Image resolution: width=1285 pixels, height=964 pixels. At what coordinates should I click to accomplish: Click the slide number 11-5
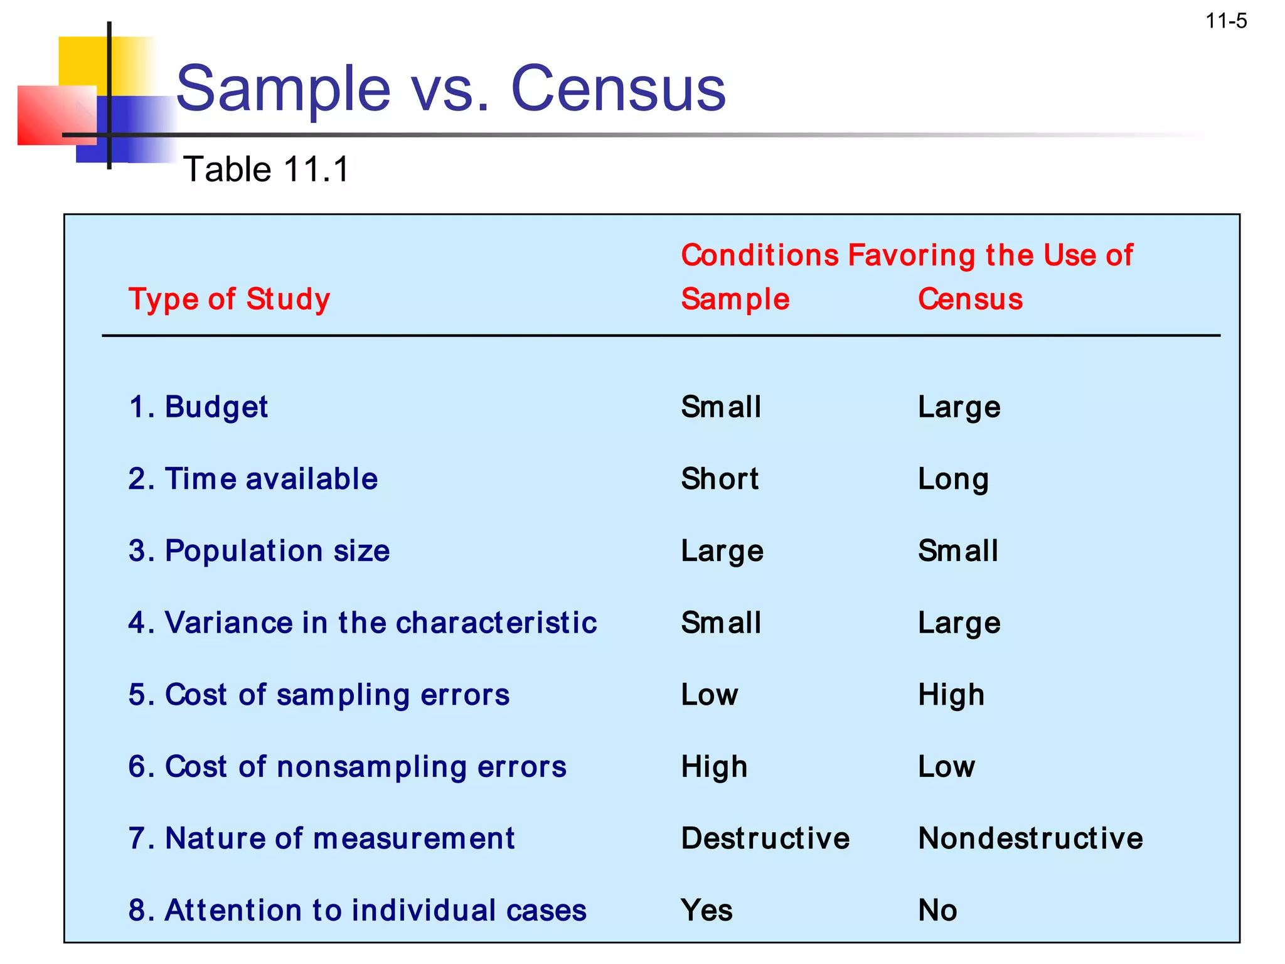(x=1226, y=21)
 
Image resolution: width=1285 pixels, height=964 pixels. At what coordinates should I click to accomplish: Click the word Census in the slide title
(x=618, y=89)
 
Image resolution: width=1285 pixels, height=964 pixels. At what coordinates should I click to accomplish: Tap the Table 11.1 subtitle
(x=265, y=169)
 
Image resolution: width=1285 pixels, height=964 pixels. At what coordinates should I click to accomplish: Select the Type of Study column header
(x=229, y=299)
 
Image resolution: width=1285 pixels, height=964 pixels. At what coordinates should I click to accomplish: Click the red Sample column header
(x=735, y=299)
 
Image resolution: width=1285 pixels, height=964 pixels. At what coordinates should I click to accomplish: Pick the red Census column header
(x=970, y=299)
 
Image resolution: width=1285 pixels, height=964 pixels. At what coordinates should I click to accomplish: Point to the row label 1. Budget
(x=198, y=407)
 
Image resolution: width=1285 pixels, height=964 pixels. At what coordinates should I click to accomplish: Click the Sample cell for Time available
(x=720, y=479)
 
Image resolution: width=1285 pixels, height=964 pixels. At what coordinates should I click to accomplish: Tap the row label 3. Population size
(x=259, y=551)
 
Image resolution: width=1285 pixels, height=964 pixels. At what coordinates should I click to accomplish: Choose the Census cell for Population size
(x=957, y=551)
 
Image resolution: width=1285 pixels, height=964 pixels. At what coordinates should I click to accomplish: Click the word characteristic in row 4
(x=496, y=623)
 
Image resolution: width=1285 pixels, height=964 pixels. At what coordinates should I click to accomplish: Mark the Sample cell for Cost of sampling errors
(x=710, y=695)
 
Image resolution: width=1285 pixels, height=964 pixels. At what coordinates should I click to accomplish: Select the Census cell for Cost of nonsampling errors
(x=946, y=766)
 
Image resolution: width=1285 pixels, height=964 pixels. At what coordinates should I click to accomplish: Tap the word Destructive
(x=765, y=838)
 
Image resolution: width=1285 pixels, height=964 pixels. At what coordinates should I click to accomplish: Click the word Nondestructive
(x=1030, y=838)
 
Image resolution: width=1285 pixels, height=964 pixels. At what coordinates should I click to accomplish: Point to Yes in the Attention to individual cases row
(x=706, y=910)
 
